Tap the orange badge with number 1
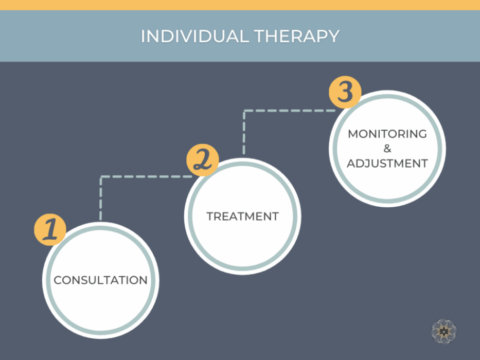click(x=50, y=229)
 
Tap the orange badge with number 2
click(x=202, y=160)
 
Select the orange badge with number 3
click(x=345, y=93)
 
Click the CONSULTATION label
click(x=101, y=280)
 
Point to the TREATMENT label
click(x=242, y=217)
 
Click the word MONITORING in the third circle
click(x=387, y=134)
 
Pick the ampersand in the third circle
click(x=387, y=149)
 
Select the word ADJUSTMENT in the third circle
click(x=387, y=164)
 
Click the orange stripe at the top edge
click(x=240, y=5)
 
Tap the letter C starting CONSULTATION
click(x=58, y=280)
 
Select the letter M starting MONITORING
click(x=353, y=134)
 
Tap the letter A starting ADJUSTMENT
click(x=351, y=164)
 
